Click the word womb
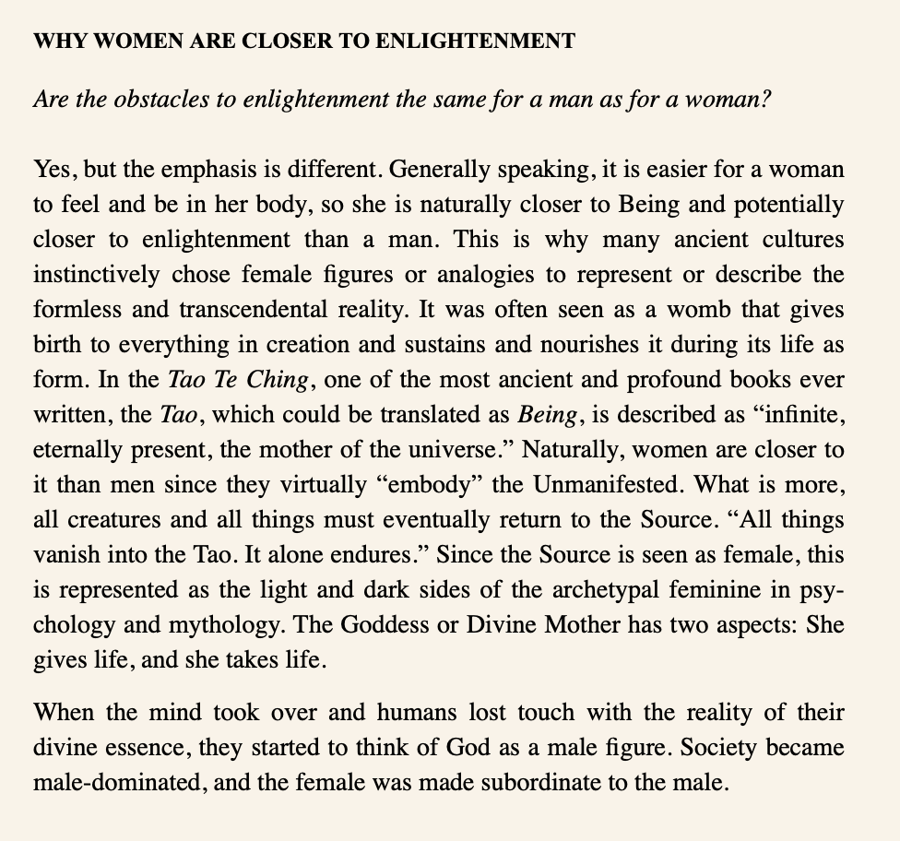point(685,310)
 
